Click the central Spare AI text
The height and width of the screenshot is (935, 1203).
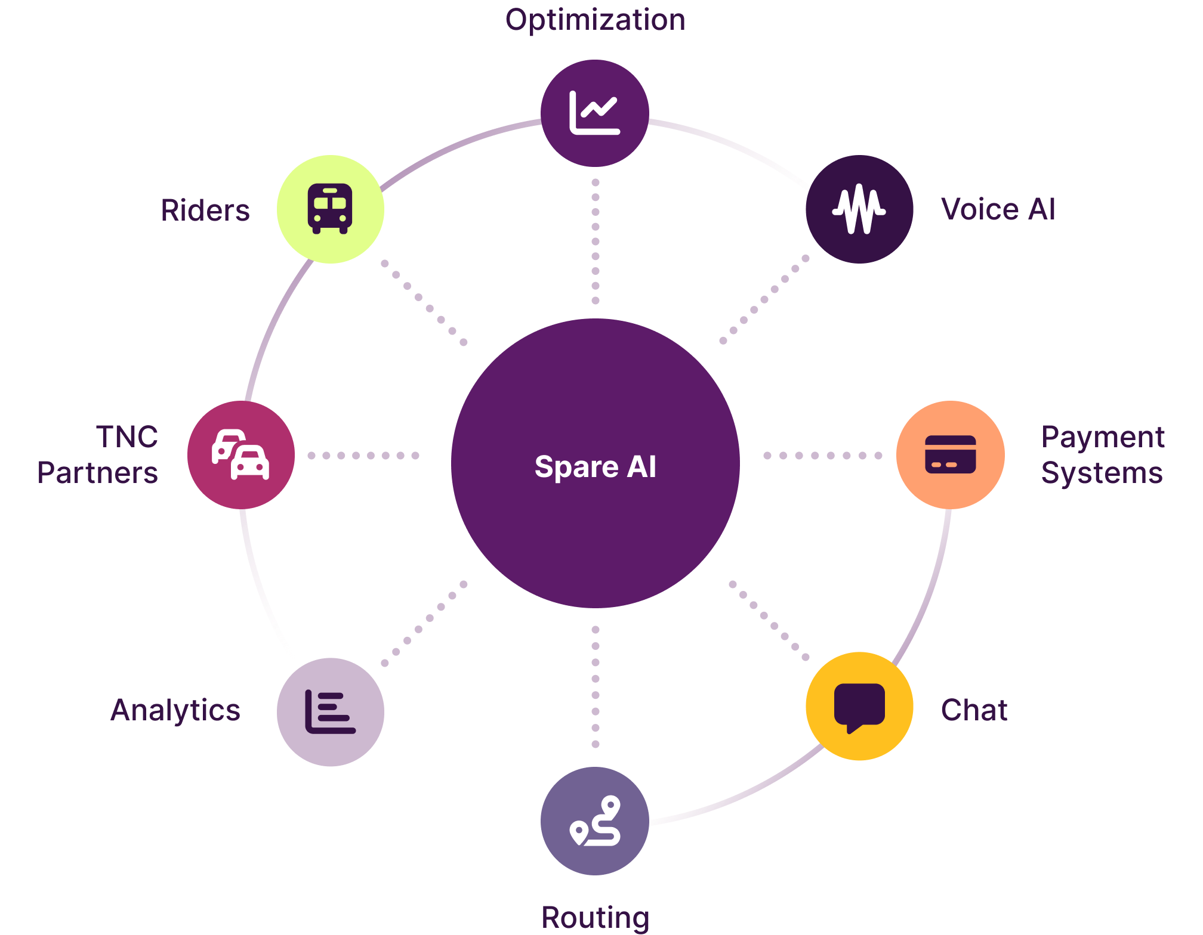point(595,466)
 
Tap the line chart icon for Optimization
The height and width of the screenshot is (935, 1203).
point(594,113)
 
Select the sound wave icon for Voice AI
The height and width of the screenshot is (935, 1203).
point(859,209)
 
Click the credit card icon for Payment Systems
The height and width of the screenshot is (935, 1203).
point(950,454)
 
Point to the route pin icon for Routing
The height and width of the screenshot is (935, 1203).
point(595,821)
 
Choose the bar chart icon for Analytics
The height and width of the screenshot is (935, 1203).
point(330,712)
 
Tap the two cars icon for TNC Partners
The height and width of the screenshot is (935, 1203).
point(240,454)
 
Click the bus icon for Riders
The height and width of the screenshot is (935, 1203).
point(330,209)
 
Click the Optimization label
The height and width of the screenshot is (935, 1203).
point(595,20)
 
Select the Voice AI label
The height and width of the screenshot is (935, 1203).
point(998,209)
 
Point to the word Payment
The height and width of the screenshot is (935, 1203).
point(1103,437)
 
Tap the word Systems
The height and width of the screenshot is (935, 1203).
point(1102,473)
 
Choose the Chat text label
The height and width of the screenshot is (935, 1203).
point(974,710)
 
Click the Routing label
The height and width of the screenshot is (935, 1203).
point(595,917)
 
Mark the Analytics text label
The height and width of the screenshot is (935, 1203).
point(175,710)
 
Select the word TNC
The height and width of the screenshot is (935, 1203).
point(127,437)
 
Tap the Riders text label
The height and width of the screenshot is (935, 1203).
point(205,210)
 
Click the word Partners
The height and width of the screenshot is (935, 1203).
point(98,473)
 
